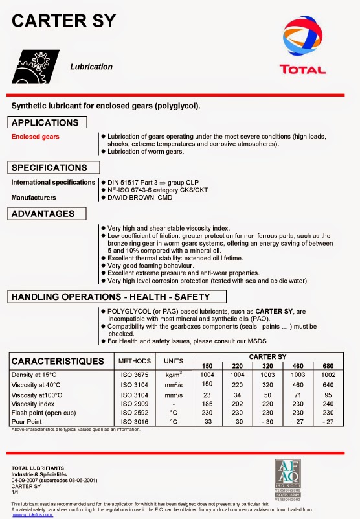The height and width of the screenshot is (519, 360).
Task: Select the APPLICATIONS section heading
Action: point(45,122)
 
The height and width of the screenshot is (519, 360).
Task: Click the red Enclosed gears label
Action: point(35,137)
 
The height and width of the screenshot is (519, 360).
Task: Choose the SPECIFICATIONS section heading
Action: point(49,168)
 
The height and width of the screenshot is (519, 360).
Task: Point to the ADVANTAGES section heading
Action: point(43,214)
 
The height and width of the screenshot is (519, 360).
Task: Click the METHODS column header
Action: point(134,361)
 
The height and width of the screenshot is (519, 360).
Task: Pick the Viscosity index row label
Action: point(33,403)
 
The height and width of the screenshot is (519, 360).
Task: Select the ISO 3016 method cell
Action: point(134,421)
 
